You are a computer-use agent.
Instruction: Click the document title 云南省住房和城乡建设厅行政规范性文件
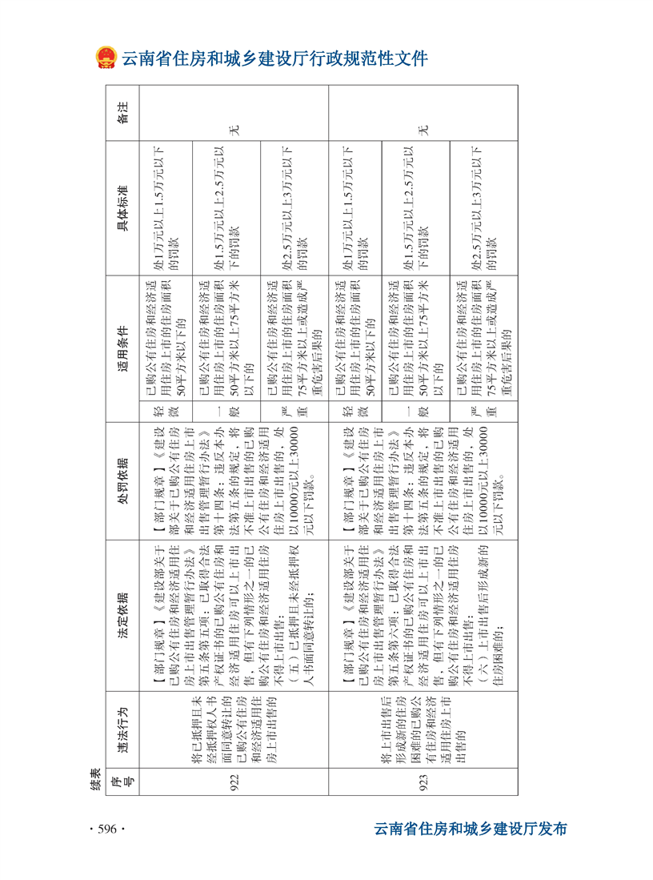coord(274,58)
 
